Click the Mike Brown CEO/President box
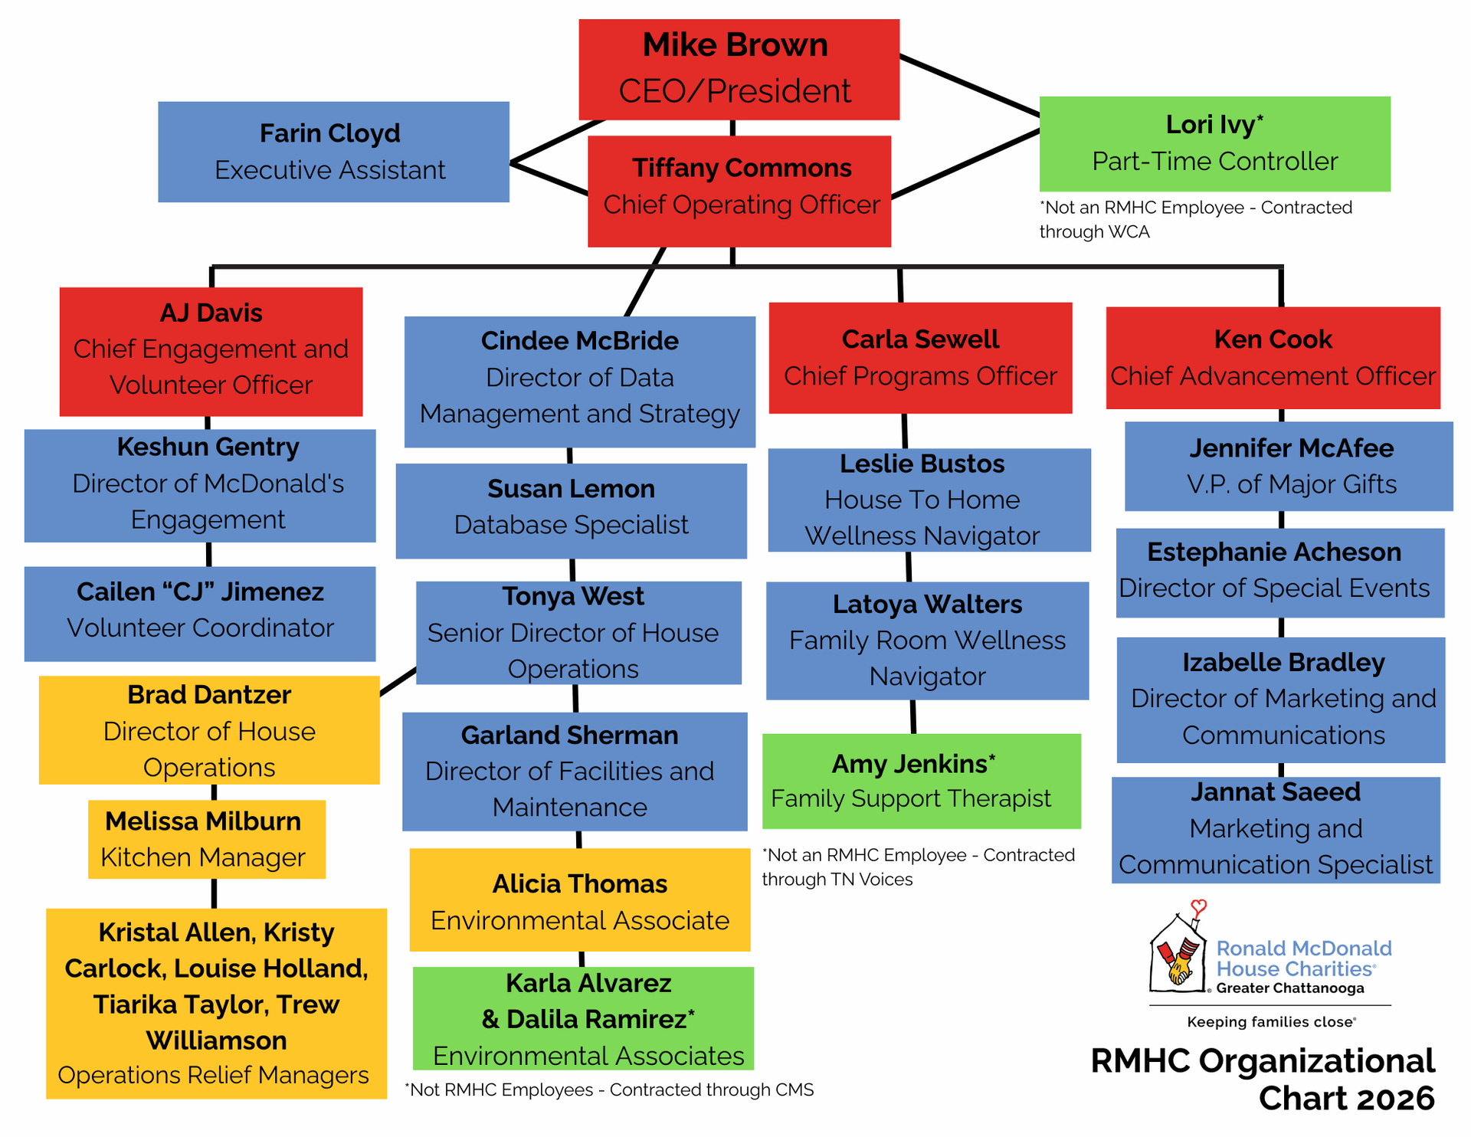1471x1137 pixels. click(x=739, y=69)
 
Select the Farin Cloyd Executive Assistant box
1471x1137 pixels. click(x=333, y=152)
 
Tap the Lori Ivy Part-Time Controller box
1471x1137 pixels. click(x=1214, y=143)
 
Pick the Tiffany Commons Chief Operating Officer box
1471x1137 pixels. click(x=739, y=191)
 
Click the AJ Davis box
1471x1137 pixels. click(x=211, y=351)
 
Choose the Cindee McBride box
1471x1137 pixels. click(x=579, y=381)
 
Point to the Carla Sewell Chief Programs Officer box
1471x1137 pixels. click(x=920, y=358)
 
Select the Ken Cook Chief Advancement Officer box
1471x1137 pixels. click(x=1273, y=358)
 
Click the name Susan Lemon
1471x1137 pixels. click(x=571, y=489)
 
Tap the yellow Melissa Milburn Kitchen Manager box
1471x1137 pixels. click(x=206, y=839)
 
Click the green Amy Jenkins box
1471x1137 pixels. click(x=921, y=781)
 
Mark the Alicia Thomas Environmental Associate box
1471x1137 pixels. click(x=579, y=899)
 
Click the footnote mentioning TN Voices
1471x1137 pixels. click(x=918, y=867)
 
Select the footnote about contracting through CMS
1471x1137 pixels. click(x=609, y=1089)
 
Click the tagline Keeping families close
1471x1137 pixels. click(x=1271, y=1021)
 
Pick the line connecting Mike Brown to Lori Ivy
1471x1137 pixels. click(x=969, y=85)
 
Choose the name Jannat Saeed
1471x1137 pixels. click(x=1275, y=792)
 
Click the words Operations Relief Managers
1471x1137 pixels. click(x=213, y=1075)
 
